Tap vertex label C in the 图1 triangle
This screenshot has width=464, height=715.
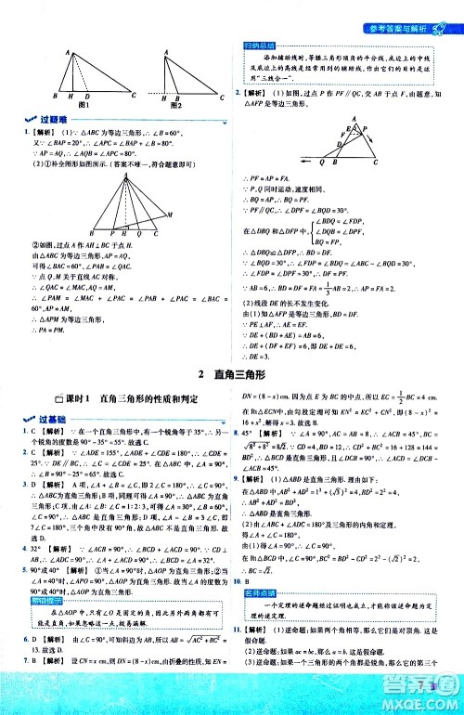point(133,96)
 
